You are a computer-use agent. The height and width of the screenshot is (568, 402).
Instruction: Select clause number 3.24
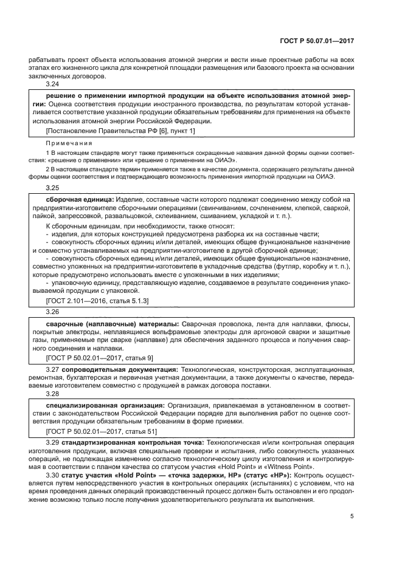(x=53, y=86)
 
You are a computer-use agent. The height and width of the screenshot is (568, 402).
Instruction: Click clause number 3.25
(x=53, y=188)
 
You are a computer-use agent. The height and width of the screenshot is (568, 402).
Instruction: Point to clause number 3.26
(x=53, y=311)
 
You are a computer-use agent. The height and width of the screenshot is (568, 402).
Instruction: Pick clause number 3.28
(x=53, y=393)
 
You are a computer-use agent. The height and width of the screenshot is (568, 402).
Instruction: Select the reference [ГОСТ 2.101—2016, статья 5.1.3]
(x=97, y=301)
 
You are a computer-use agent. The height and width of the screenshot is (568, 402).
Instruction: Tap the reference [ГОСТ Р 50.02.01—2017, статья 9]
(x=100, y=358)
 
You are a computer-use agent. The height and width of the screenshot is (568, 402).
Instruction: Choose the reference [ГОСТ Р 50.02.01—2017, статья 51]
(x=102, y=432)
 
